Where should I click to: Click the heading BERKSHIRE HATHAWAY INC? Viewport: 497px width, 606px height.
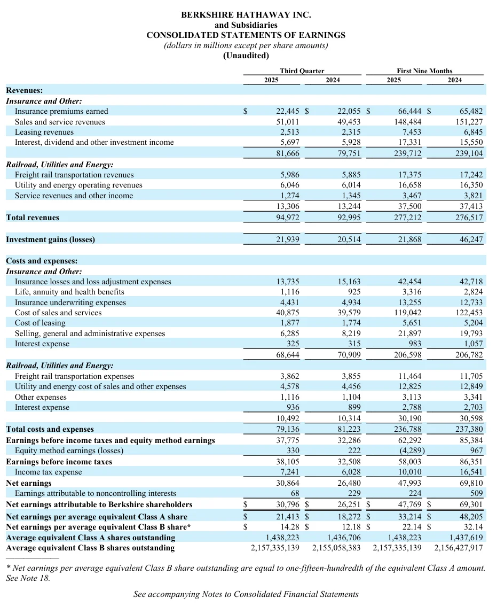tap(246, 15)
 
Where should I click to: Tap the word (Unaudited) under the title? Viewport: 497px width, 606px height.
tap(246, 56)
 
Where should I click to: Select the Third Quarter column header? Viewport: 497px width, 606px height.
tap(302, 71)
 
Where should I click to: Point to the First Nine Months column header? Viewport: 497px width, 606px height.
tap(424, 71)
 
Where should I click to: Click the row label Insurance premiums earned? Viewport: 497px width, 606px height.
tap(61, 111)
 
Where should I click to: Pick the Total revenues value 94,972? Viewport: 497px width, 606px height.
tap(288, 217)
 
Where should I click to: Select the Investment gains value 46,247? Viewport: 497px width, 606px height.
tap(471, 239)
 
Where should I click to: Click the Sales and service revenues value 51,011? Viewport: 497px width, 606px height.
tap(288, 122)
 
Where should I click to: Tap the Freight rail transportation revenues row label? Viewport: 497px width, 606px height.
tap(74, 175)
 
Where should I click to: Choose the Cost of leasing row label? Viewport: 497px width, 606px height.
tap(40, 323)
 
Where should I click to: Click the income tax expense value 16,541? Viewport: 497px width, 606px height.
tap(471, 472)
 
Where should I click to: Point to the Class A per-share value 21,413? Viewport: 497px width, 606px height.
tap(288, 517)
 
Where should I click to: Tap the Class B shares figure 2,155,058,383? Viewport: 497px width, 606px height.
tap(336, 548)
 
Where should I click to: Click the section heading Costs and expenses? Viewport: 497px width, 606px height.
tap(42, 261)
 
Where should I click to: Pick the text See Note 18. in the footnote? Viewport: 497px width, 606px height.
tap(28, 578)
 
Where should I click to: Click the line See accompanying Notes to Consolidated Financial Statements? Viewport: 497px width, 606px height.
tap(246, 594)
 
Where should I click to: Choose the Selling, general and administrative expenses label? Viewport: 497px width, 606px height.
tap(90, 333)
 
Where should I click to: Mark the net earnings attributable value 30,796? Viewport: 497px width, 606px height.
tap(288, 504)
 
